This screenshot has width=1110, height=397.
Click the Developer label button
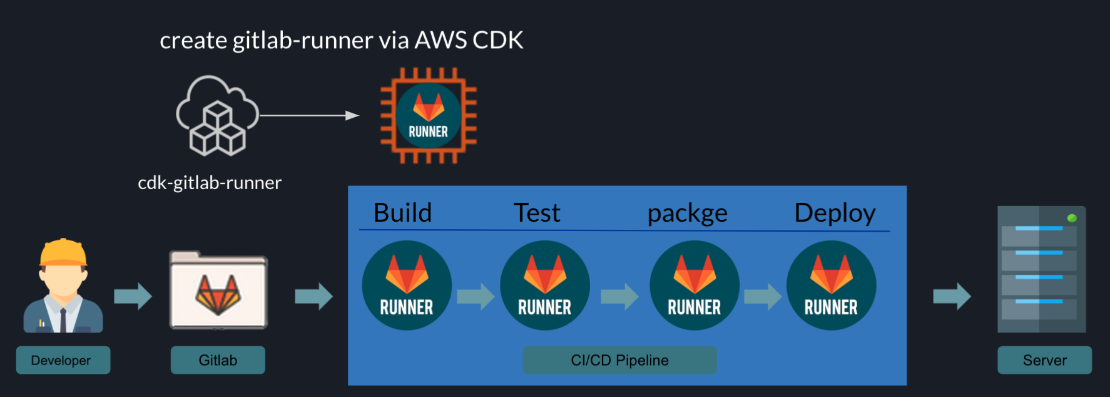(x=63, y=360)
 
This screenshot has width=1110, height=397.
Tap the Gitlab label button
(x=218, y=360)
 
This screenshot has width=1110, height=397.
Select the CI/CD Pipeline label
(x=619, y=360)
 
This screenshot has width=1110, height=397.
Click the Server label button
(x=1044, y=360)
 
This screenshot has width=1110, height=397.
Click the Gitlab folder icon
(x=218, y=291)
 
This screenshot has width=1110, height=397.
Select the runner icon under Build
(x=407, y=286)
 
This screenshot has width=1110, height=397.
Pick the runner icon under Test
(x=545, y=286)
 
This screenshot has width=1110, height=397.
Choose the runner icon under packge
(x=695, y=286)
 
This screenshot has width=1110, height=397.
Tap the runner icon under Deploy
(x=831, y=286)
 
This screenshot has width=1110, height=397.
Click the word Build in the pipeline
(x=402, y=213)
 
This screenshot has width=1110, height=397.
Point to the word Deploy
(x=835, y=214)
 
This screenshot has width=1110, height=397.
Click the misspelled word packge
(x=687, y=214)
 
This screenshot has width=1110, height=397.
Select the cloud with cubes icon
(x=217, y=116)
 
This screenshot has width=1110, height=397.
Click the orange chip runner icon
(x=429, y=116)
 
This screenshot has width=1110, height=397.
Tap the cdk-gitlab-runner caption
(x=210, y=182)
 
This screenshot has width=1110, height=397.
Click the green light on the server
(x=1072, y=218)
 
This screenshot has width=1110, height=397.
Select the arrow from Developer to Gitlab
(x=133, y=296)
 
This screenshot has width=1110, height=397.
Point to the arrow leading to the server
(x=952, y=296)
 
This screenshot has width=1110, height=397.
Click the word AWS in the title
(x=440, y=40)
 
